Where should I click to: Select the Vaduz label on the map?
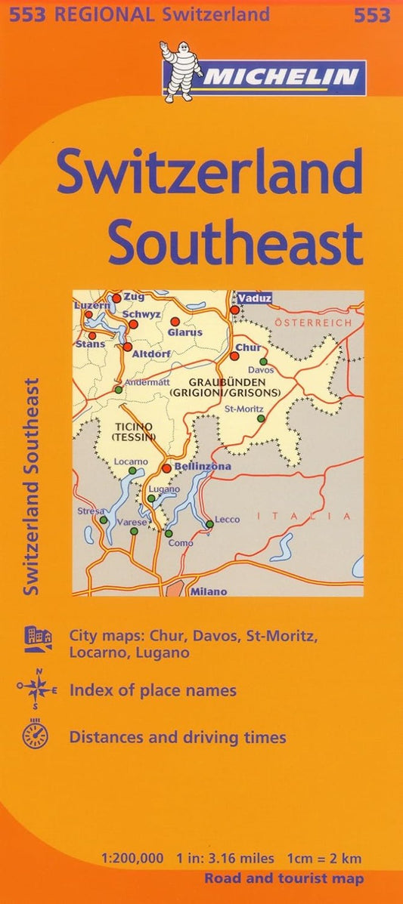[x=256, y=299]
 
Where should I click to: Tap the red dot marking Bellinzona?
[x=166, y=468]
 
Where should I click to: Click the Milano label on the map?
[x=209, y=591]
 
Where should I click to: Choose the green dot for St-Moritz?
[x=261, y=418]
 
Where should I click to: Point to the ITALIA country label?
[x=304, y=517]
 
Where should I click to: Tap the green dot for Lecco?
[x=209, y=524]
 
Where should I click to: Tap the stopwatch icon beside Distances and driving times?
[x=36, y=736]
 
